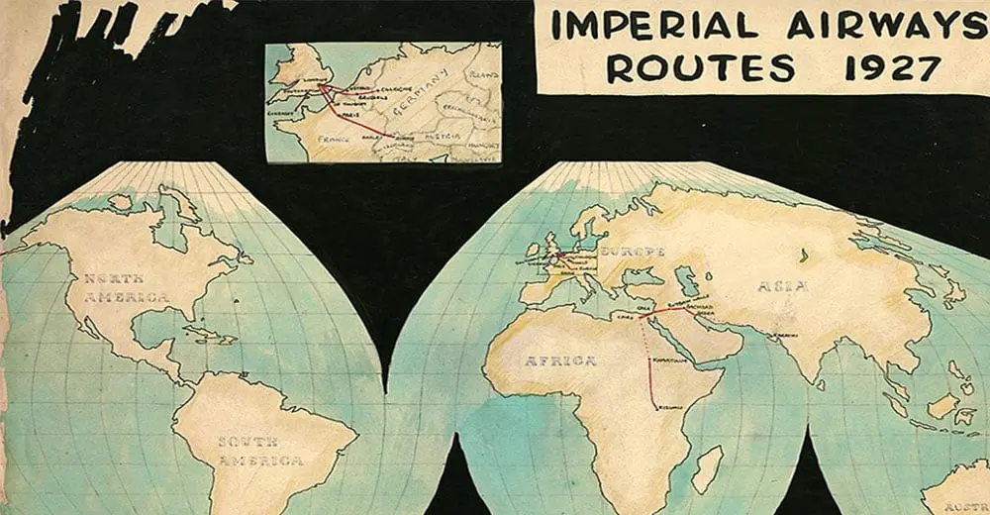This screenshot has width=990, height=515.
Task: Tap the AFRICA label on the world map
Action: (x=559, y=360)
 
